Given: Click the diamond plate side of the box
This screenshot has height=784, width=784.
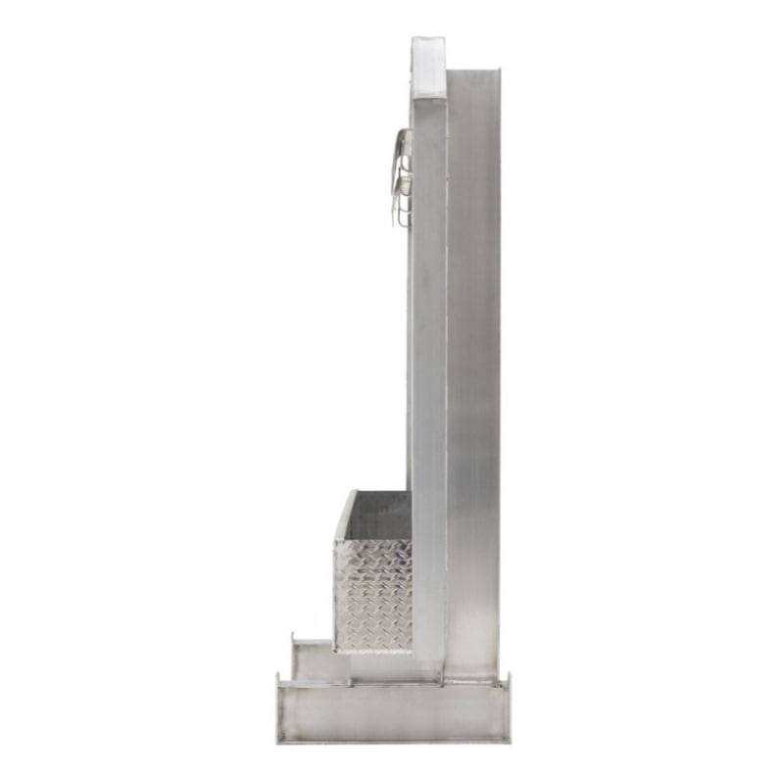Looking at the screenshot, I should (x=372, y=593).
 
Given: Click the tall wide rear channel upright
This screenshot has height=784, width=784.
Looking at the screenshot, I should (x=474, y=372).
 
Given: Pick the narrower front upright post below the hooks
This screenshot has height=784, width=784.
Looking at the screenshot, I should (x=428, y=392).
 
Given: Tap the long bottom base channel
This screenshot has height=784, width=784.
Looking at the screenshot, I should (x=392, y=712).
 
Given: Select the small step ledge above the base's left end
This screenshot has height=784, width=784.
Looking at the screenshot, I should (x=318, y=661).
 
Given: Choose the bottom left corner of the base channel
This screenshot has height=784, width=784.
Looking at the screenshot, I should (x=278, y=740).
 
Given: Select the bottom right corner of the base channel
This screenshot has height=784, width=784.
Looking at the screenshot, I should (x=507, y=740).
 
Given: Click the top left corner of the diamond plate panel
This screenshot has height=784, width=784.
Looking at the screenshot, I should (x=336, y=540).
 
